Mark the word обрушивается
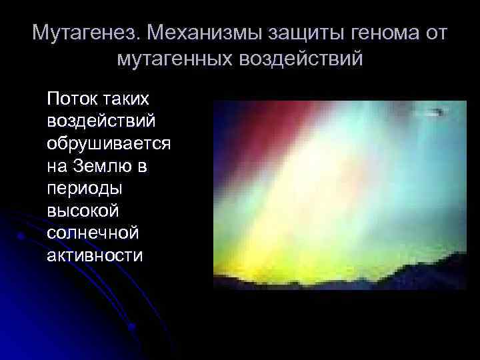tap(109, 143)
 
